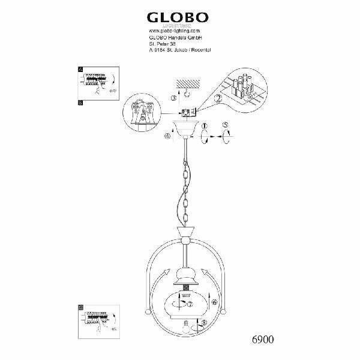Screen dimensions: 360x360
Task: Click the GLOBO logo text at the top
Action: click(180, 16)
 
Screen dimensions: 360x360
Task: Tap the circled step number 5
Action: click(225, 127)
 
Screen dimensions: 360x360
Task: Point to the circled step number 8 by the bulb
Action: click(206, 323)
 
